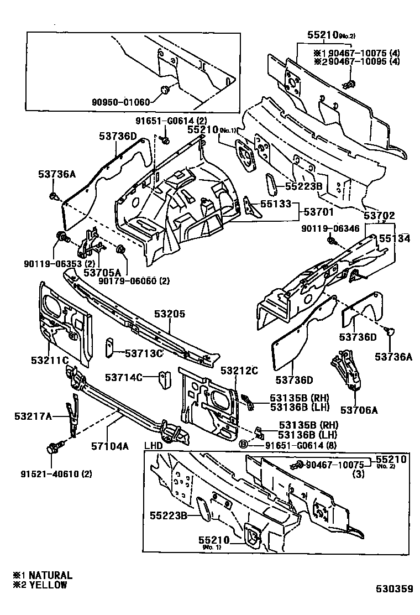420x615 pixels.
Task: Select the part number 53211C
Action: click(x=49, y=361)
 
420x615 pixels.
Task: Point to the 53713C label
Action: click(x=144, y=352)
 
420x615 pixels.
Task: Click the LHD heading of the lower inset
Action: click(x=155, y=446)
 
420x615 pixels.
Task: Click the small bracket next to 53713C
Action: click(x=109, y=344)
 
